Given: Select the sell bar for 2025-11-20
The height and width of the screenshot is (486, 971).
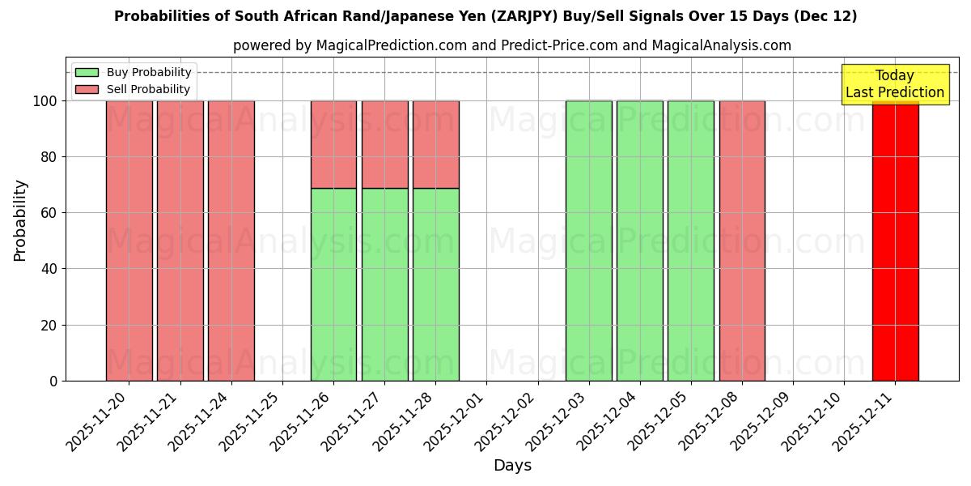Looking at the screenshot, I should click(x=129, y=241).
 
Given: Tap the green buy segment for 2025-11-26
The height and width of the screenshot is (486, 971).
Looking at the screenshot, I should click(x=333, y=284).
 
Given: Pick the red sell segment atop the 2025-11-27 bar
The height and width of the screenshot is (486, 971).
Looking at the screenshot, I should click(x=384, y=144).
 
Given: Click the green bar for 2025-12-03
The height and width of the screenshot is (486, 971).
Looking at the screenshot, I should click(x=588, y=241).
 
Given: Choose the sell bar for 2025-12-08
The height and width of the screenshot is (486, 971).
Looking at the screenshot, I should click(x=742, y=241).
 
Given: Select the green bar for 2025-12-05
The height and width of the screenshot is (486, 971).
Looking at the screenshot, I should click(x=690, y=241).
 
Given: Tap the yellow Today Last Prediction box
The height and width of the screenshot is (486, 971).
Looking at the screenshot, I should click(x=894, y=84).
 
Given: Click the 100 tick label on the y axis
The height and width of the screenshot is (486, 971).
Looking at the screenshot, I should click(x=45, y=101).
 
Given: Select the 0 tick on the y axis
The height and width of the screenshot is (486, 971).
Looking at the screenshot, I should click(x=53, y=381).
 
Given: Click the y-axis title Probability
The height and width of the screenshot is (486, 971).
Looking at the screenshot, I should click(x=20, y=220).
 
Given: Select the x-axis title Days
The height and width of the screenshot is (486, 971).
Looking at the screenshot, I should click(x=512, y=466).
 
